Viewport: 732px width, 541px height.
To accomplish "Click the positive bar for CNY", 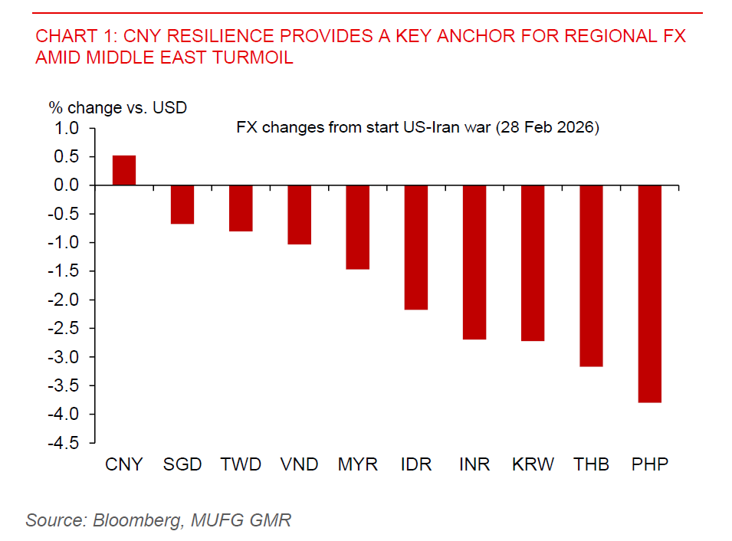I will [x=124, y=170].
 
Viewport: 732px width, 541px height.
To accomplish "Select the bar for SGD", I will [x=182, y=205].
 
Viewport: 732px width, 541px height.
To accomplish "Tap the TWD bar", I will [x=241, y=208].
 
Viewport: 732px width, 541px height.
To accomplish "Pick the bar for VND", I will [x=299, y=215].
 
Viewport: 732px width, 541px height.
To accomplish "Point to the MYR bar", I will [x=357, y=228].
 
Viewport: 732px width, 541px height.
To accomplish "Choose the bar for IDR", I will [x=415, y=248].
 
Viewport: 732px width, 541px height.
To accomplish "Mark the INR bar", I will [x=474, y=262].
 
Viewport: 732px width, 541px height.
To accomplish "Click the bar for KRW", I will [x=533, y=263].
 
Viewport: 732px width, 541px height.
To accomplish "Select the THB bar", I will [x=591, y=276].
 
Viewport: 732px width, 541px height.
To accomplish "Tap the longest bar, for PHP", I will [x=649, y=294].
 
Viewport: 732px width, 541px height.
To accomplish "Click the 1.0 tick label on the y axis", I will [x=68, y=128].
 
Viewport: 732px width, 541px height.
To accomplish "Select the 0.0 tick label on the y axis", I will [x=68, y=185].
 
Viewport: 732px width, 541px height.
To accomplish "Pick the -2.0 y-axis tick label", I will [x=65, y=300].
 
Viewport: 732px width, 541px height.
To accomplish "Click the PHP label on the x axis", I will [x=649, y=464].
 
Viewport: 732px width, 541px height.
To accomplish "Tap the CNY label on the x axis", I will [x=124, y=464].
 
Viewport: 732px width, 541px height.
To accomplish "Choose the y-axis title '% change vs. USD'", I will [x=117, y=108].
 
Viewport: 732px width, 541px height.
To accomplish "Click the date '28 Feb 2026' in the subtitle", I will [x=547, y=128].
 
